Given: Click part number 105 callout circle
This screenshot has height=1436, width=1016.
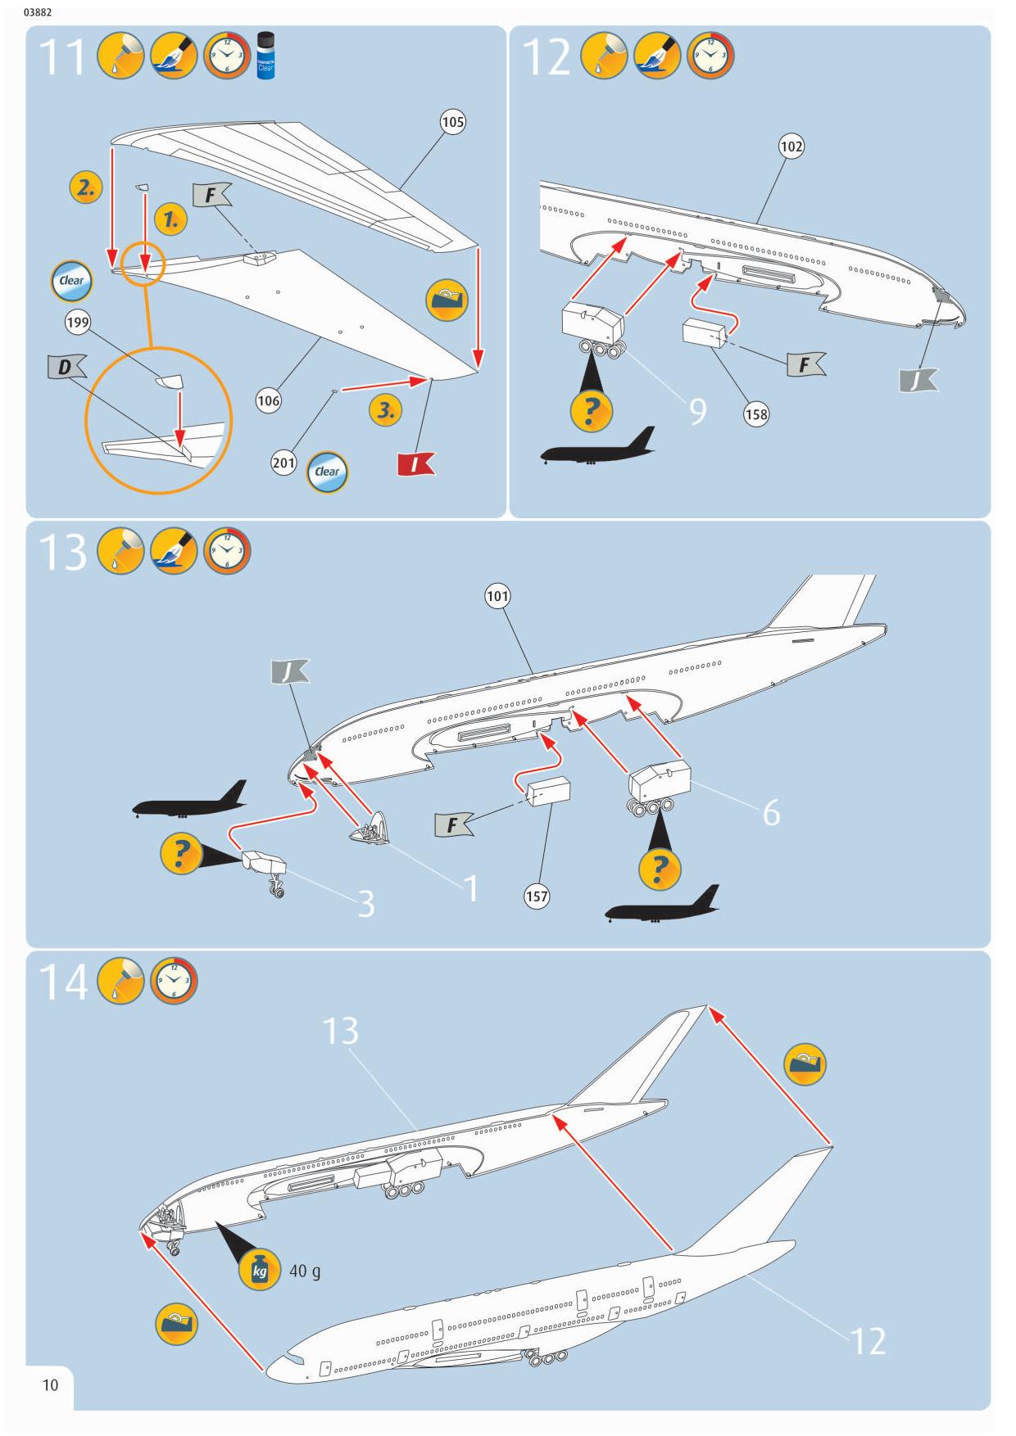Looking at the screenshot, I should coord(453,122).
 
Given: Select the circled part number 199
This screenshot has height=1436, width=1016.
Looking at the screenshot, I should coord(78,322).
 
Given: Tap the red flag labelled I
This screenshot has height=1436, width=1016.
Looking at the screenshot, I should coord(415,464).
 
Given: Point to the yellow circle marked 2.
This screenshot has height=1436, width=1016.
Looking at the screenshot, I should coord(85,187).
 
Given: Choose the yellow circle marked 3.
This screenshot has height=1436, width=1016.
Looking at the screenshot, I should coord(385,410).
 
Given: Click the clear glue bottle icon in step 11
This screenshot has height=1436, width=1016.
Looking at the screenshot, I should coord(265,56).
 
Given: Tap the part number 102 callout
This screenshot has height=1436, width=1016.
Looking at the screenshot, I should coord(791,147).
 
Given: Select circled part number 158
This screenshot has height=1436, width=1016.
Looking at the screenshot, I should coord(756,414).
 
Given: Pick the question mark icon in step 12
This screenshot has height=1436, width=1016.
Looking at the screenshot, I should coord(589,410).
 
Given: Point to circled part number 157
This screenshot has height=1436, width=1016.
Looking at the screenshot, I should coord(537,896).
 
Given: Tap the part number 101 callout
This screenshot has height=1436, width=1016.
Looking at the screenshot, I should coord(497,596).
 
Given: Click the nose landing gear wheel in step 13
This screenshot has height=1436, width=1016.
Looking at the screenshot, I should coord(278,892).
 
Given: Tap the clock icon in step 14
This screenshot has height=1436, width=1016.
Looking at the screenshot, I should coord(174,982).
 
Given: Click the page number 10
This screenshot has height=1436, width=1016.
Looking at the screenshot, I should coord(50,1384).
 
